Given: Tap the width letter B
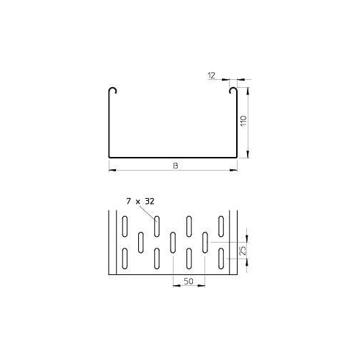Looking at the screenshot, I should (x=174, y=166).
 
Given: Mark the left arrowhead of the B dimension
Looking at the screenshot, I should (x=112, y=171).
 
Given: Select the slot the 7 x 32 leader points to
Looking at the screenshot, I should (x=156, y=225).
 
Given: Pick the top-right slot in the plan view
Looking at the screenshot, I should (x=222, y=225).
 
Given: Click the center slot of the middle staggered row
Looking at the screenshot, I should (x=173, y=242).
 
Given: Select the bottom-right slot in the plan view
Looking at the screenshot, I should (x=222, y=258).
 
